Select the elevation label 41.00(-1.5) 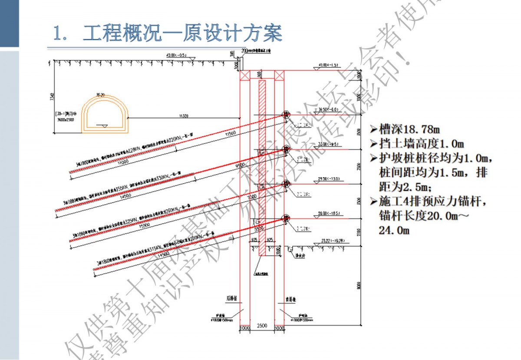pyautogui.click(x=328, y=65)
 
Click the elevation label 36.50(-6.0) pyautogui.click(x=328, y=109)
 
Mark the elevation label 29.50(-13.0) pyautogui.click(x=328, y=178)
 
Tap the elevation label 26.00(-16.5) pyautogui.click(x=328, y=213)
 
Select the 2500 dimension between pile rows pyautogui.click(x=262, y=326)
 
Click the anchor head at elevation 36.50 pyautogui.click(x=286, y=115)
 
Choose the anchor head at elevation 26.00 pyautogui.click(x=286, y=218)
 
